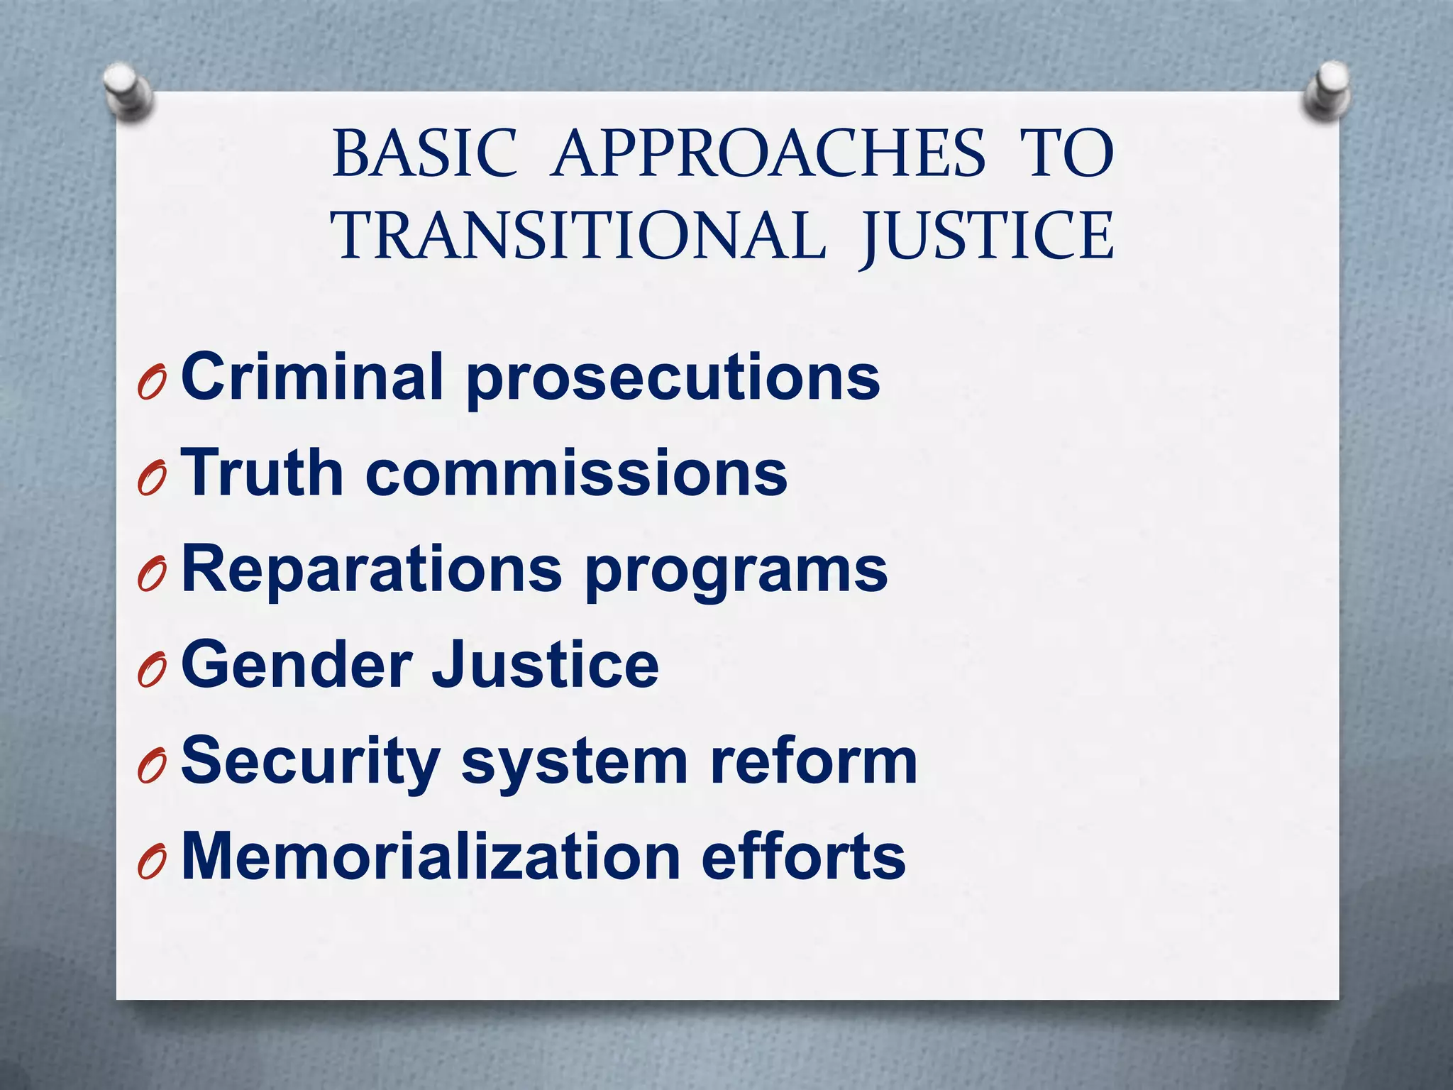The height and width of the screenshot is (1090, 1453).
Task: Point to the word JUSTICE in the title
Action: click(x=986, y=236)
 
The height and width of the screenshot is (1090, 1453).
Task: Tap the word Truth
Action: click(x=263, y=473)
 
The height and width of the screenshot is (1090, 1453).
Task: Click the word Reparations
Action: click(x=372, y=569)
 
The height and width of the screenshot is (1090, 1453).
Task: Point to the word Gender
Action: click(x=297, y=664)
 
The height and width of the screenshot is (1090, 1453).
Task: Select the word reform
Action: click(x=814, y=761)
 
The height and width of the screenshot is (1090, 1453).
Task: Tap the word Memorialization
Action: click(x=431, y=856)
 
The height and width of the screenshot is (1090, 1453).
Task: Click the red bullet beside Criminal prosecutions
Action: click(x=152, y=383)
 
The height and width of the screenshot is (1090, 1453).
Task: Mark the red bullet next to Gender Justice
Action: click(x=152, y=671)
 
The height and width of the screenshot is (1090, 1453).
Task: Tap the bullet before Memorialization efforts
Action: click(x=152, y=863)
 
